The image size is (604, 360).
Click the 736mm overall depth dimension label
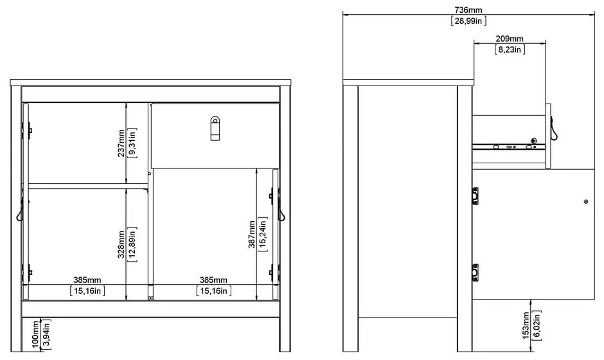point(468,10)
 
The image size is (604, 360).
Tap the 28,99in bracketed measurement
point(468,21)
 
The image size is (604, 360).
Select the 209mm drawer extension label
point(510,39)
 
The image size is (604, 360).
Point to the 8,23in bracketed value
point(510,50)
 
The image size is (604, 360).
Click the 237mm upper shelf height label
point(121,143)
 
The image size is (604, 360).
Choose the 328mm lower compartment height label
point(121,244)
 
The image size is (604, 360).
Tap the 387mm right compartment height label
point(251,235)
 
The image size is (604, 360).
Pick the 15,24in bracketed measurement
point(263,235)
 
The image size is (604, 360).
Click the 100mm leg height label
point(35,334)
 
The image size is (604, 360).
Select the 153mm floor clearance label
point(526,326)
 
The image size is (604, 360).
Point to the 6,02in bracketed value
point(537,326)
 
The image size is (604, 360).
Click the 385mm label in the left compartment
point(87,280)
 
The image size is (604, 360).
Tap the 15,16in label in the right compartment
point(214,291)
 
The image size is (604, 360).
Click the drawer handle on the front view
point(215,129)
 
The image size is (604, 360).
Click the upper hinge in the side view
point(475,196)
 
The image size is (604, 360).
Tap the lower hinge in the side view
point(475,272)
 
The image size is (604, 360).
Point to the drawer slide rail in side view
point(509,147)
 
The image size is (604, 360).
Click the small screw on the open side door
point(586,202)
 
